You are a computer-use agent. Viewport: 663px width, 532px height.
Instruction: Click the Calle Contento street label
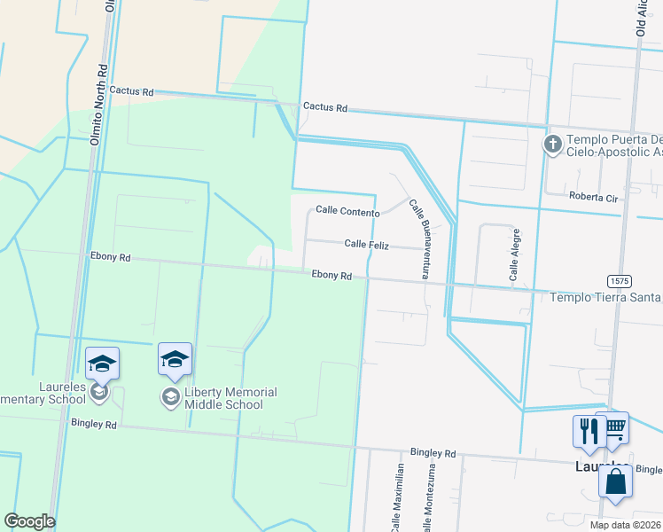pyautogui.click(x=348, y=212)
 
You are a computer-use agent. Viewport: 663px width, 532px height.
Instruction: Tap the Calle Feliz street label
pyautogui.click(x=367, y=243)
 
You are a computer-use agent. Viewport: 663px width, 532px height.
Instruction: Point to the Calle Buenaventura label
pyautogui.click(x=419, y=239)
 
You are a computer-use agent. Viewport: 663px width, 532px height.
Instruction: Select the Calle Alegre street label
pyautogui.click(x=514, y=254)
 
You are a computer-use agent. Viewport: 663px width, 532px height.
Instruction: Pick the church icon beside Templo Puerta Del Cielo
pyautogui.click(x=553, y=144)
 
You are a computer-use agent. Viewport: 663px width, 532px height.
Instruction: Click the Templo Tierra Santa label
pyautogui.click(x=606, y=298)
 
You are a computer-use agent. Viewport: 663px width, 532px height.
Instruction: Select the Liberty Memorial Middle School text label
pyautogui.click(x=230, y=398)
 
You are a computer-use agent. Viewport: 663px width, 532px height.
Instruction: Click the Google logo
pyautogui.click(x=30, y=521)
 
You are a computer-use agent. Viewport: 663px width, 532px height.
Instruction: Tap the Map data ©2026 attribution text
pyautogui.click(x=624, y=525)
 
